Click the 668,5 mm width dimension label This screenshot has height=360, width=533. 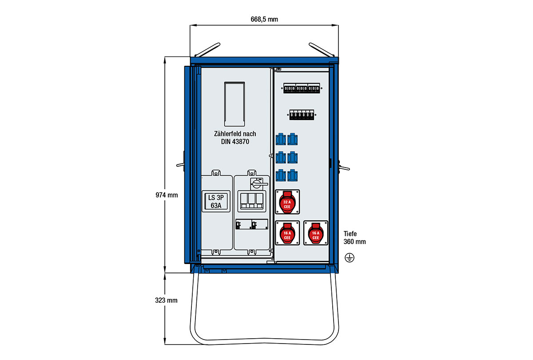[265, 19]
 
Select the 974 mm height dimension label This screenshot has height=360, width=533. [167, 195]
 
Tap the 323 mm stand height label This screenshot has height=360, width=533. [167, 300]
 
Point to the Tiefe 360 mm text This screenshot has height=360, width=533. [354, 237]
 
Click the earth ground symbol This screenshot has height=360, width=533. [350, 257]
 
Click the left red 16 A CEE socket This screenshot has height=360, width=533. [287, 234]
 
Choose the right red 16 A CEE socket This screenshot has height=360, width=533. [315, 234]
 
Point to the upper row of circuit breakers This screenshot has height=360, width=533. [302, 89]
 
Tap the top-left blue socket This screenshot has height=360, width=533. [281, 140]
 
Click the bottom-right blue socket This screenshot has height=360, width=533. [292, 175]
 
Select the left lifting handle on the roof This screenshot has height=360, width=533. [208, 49]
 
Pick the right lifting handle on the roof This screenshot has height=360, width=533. [321, 49]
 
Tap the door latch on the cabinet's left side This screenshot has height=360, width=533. [182, 164]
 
